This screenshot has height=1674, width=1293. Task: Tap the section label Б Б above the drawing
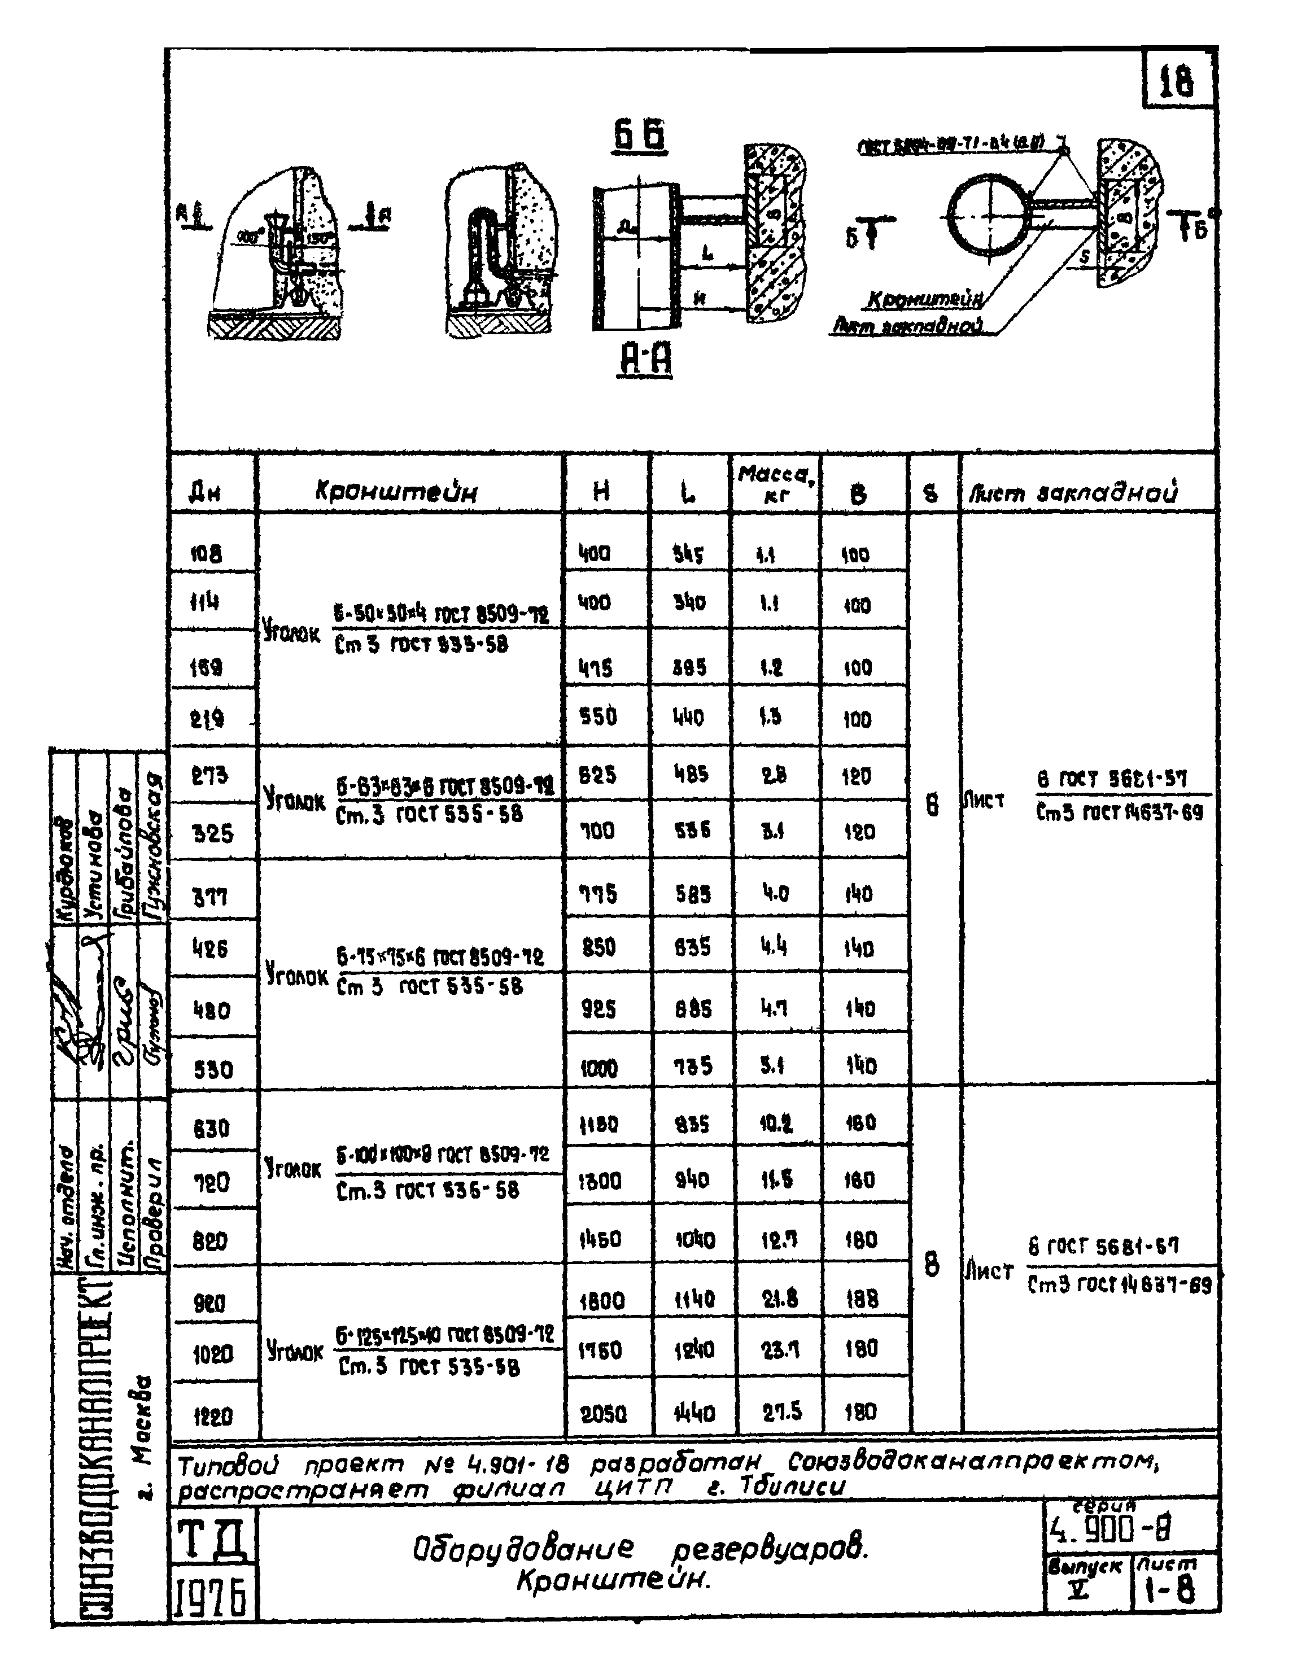[639, 137]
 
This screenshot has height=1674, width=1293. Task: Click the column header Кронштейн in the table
[396, 491]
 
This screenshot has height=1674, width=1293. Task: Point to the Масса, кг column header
[776, 484]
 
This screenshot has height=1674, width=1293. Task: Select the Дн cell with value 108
[206, 553]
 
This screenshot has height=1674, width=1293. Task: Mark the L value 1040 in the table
[694, 1239]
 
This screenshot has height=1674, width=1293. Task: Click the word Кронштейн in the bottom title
[613, 1579]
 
